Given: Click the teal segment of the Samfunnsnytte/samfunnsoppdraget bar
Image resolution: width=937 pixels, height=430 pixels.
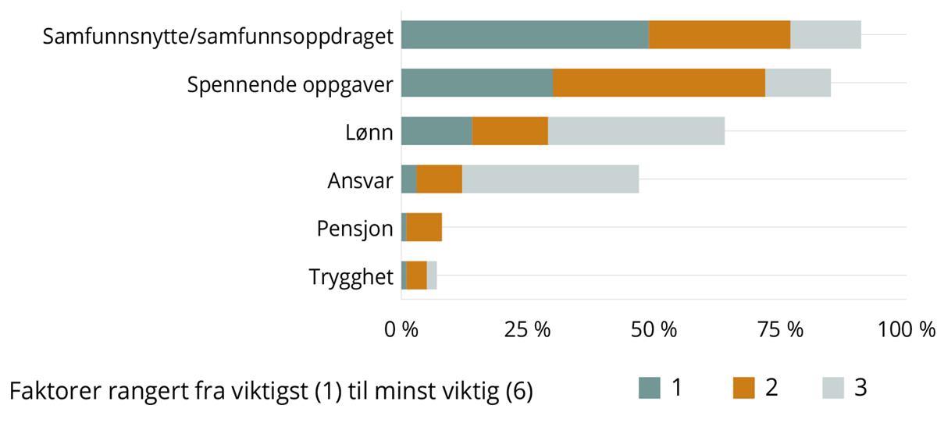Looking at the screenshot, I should pos(525,35).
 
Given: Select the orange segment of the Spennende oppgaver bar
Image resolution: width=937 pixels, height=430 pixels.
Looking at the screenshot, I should pos(658,83).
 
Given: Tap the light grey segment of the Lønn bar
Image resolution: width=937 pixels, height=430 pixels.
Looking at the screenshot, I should pos(636,131).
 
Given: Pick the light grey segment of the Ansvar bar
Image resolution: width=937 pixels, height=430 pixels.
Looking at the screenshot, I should pos(550,179).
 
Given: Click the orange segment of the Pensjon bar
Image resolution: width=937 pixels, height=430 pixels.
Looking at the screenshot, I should pos(424,227).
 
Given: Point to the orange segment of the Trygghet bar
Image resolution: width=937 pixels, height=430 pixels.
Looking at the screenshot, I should pos(416,275).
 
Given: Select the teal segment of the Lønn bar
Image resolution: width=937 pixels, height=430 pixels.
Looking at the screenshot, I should pos(436,131).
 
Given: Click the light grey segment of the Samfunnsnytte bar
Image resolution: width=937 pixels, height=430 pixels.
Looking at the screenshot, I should pos(825,35).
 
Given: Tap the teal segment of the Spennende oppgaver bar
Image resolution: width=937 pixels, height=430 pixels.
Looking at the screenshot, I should pos(476,83).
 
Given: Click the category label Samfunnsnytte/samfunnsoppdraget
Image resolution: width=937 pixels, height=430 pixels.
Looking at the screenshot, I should pos(218,37).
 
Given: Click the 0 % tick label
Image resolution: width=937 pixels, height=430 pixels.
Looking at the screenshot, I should pos(401,329).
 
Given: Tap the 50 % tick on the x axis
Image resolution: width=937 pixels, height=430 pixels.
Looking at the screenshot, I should pos(653,329).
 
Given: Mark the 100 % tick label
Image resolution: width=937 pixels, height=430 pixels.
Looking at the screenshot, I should pos(905,329).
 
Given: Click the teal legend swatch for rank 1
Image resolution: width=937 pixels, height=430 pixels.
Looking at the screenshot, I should pos(650,388).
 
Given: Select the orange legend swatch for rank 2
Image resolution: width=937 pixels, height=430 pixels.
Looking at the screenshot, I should pos(744,388).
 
